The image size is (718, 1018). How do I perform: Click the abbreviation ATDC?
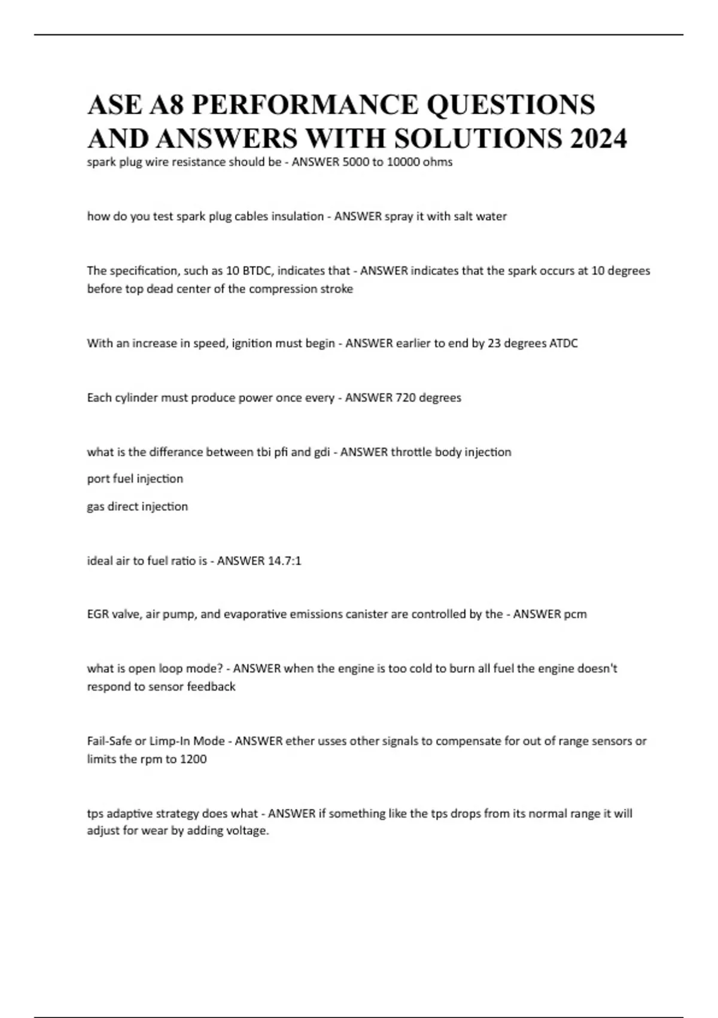point(563,343)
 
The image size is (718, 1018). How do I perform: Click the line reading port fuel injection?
point(135,479)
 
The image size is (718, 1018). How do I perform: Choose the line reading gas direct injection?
point(138,507)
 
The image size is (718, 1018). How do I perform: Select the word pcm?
point(575,614)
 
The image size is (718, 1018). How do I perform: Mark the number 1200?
point(193,759)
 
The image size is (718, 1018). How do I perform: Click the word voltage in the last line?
point(247,831)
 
